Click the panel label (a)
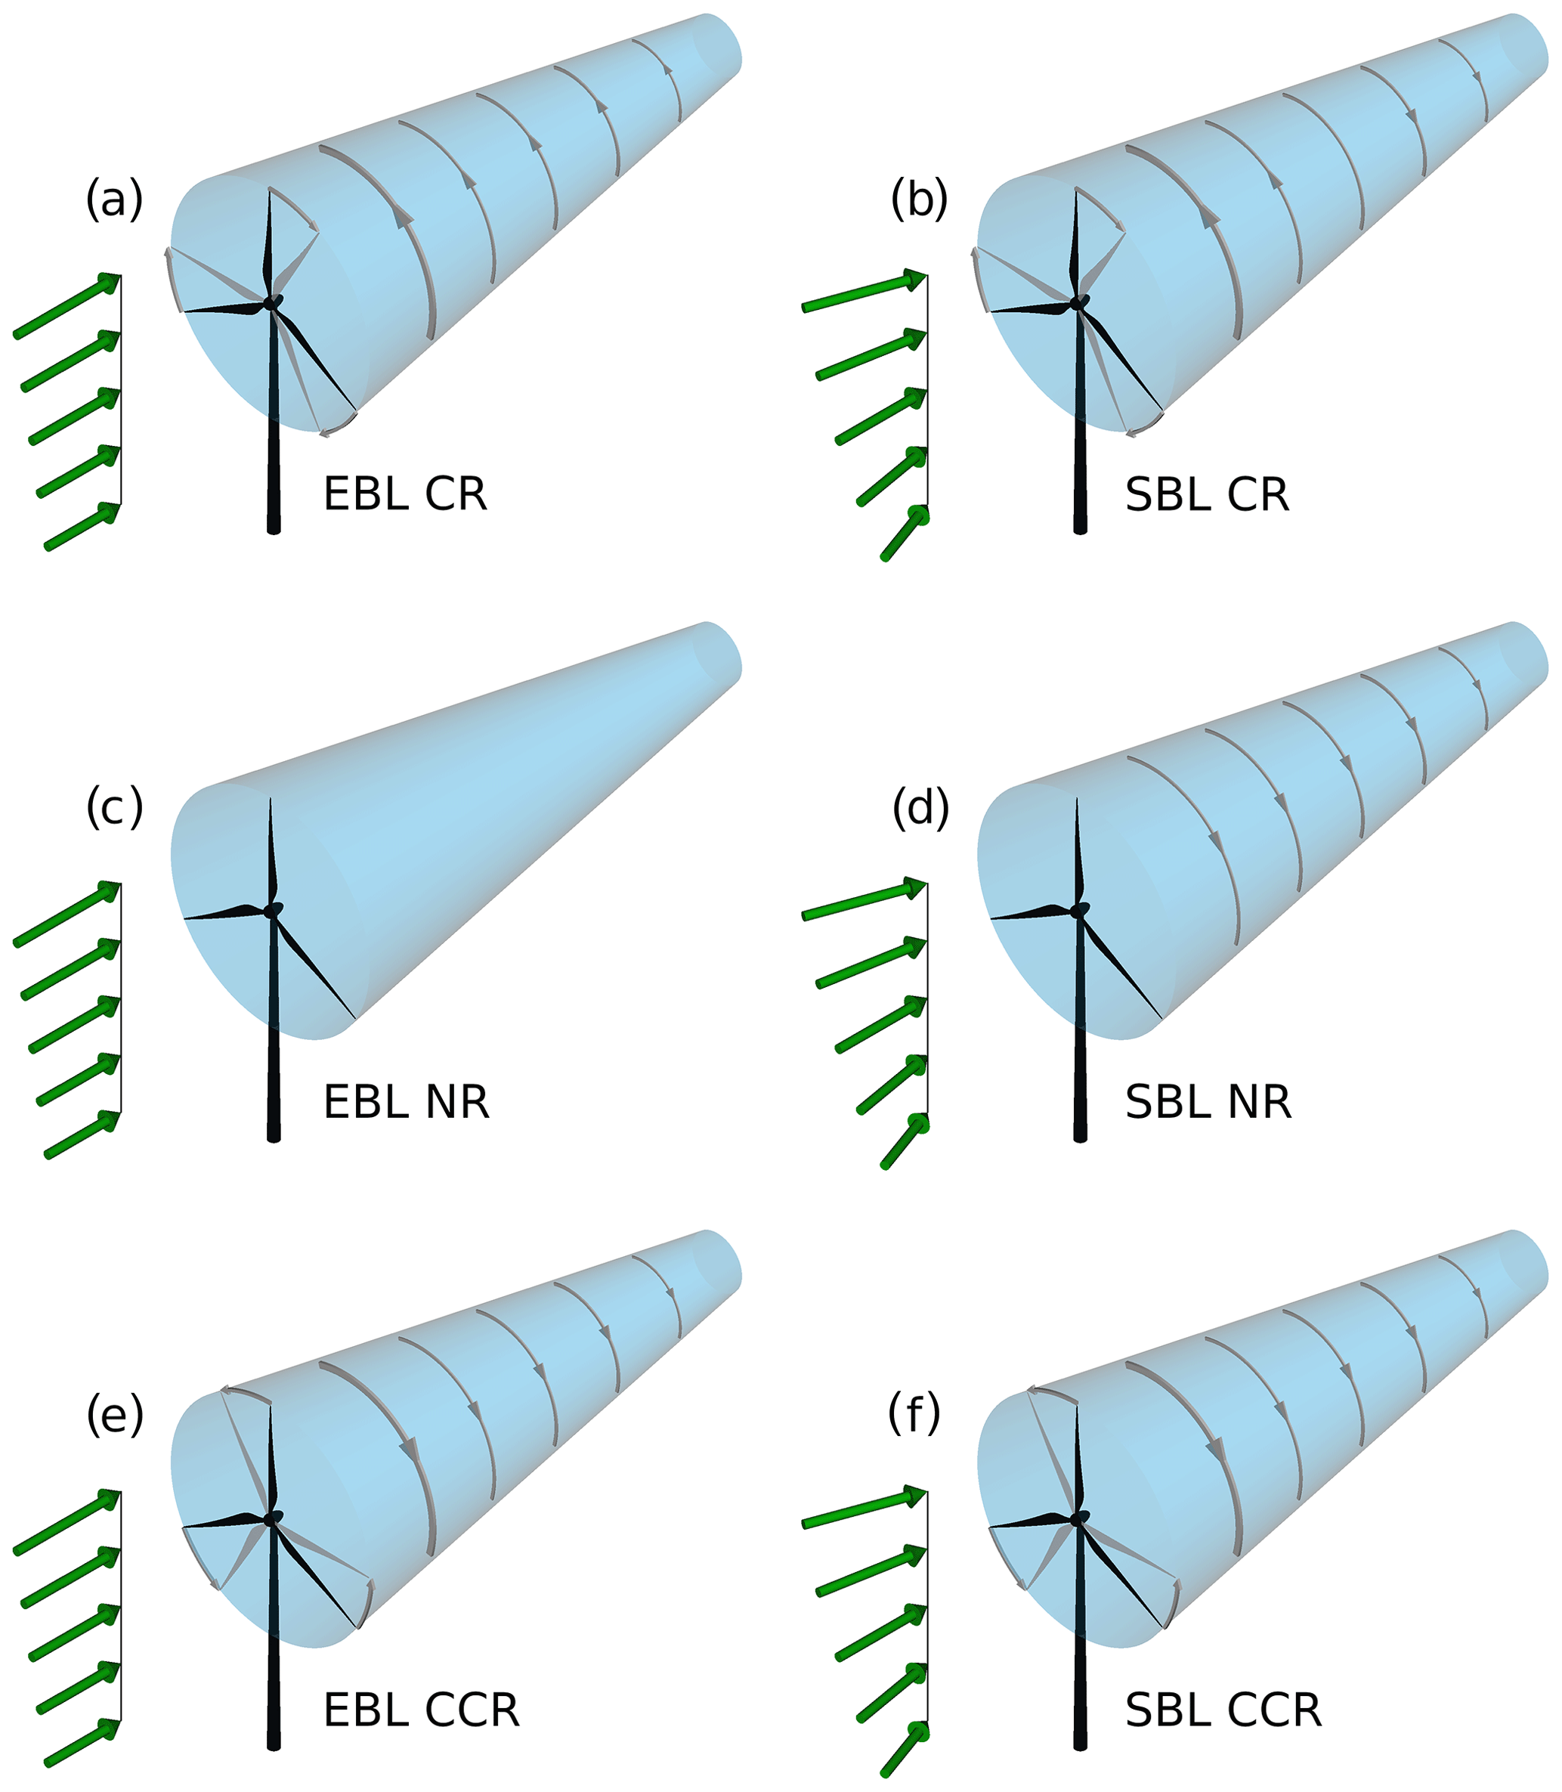click(114, 200)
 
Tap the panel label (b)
click(920, 200)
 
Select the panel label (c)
click(114, 808)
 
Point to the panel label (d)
click(920, 808)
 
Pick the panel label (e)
click(114, 1416)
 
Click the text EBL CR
click(405, 494)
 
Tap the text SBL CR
click(1208, 494)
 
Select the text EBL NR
click(407, 1103)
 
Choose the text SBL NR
click(1208, 1103)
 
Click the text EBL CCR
click(422, 1711)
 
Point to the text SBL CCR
click(1223, 1711)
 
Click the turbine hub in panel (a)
click(273, 302)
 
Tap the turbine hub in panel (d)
click(1080, 910)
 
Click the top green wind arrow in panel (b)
click(863, 292)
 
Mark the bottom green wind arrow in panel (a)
click(82, 525)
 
